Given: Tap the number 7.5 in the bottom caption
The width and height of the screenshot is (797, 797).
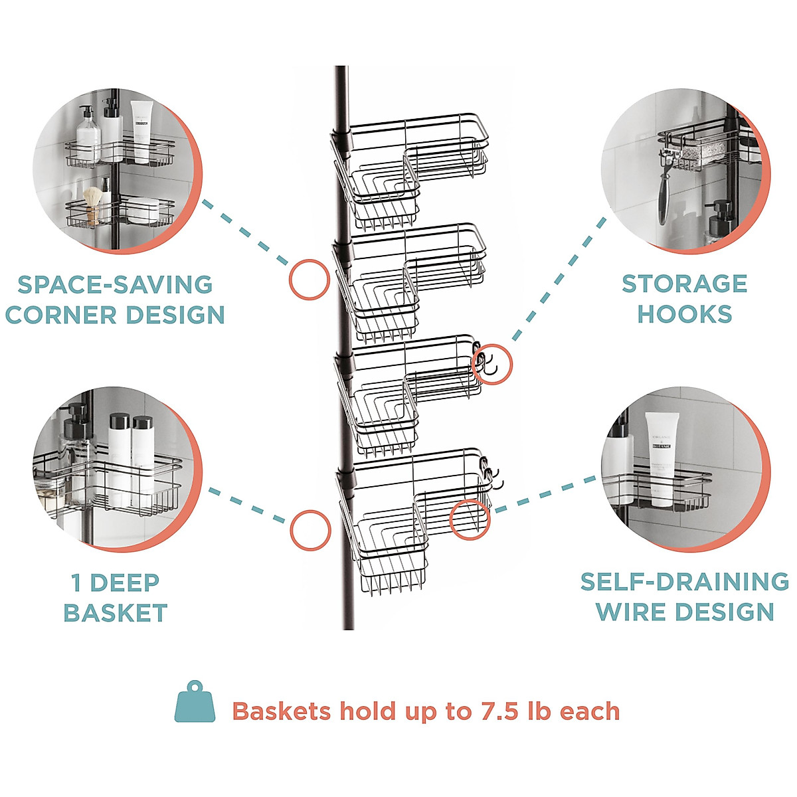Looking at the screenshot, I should point(499,711).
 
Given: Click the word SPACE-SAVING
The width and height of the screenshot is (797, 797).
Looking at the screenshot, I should point(115,284).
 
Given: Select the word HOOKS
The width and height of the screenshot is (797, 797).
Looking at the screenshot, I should point(685,313).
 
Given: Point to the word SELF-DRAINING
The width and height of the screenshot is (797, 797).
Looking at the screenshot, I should point(684,582).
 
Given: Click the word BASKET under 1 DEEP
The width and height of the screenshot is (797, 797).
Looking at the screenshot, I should point(116,613).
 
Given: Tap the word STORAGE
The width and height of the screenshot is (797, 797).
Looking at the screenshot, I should point(684,284).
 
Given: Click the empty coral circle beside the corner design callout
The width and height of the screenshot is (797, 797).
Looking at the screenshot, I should point(310,279).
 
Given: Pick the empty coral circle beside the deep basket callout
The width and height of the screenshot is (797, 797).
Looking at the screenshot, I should point(310,530).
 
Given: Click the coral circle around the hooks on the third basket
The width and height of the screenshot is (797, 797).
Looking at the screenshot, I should point(492,364).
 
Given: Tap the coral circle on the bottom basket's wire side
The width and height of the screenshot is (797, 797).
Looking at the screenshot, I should point(470,518).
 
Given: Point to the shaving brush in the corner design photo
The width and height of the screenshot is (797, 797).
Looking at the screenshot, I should point(94,203).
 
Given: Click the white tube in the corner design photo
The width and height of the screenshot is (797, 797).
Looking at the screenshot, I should point(140,131).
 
